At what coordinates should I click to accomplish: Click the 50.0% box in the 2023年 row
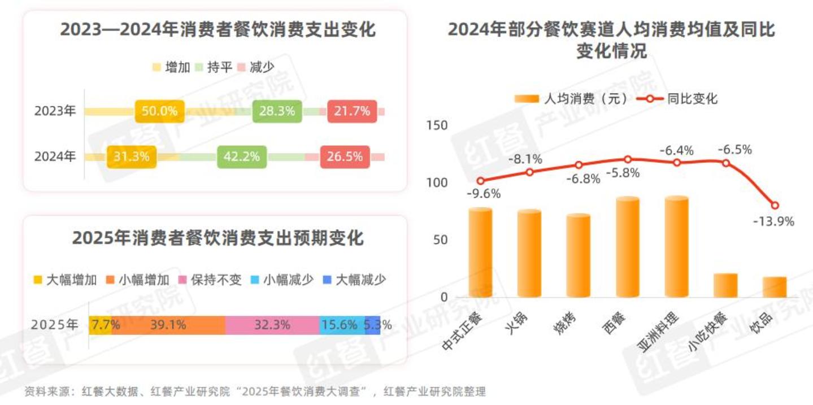click(x=159, y=111)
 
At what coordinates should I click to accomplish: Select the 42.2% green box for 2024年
click(x=241, y=156)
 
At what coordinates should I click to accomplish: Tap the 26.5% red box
click(x=345, y=156)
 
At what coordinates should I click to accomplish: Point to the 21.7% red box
click(x=351, y=111)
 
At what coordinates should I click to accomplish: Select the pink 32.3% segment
click(x=272, y=325)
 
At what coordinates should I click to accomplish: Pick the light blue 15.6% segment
click(x=341, y=325)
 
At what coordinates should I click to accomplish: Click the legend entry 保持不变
click(x=210, y=280)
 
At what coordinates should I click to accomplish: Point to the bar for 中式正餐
click(x=480, y=252)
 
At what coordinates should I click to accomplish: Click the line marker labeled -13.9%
click(x=775, y=206)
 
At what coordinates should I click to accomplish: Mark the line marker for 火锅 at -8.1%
click(x=529, y=172)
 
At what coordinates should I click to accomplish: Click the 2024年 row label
click(x=55, y=156)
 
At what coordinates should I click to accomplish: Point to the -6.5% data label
click(x=734, y=150)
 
